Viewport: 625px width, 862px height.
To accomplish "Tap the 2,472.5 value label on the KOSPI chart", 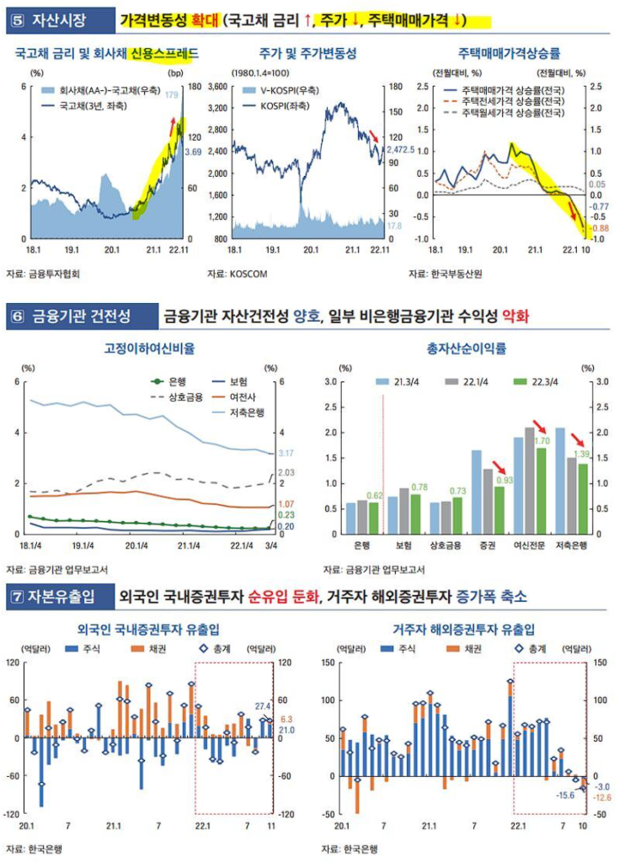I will [400, 148].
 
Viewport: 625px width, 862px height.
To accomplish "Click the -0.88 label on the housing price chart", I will [599, 228].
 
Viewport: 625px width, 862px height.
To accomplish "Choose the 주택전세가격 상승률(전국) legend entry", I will [511, 101].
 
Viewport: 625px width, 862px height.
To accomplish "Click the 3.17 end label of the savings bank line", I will [285, 453].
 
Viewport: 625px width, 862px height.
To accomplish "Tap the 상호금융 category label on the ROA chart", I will [446, 546].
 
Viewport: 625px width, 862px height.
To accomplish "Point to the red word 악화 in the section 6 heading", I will [515, 317].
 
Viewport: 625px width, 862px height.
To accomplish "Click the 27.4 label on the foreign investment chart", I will [264, 706].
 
